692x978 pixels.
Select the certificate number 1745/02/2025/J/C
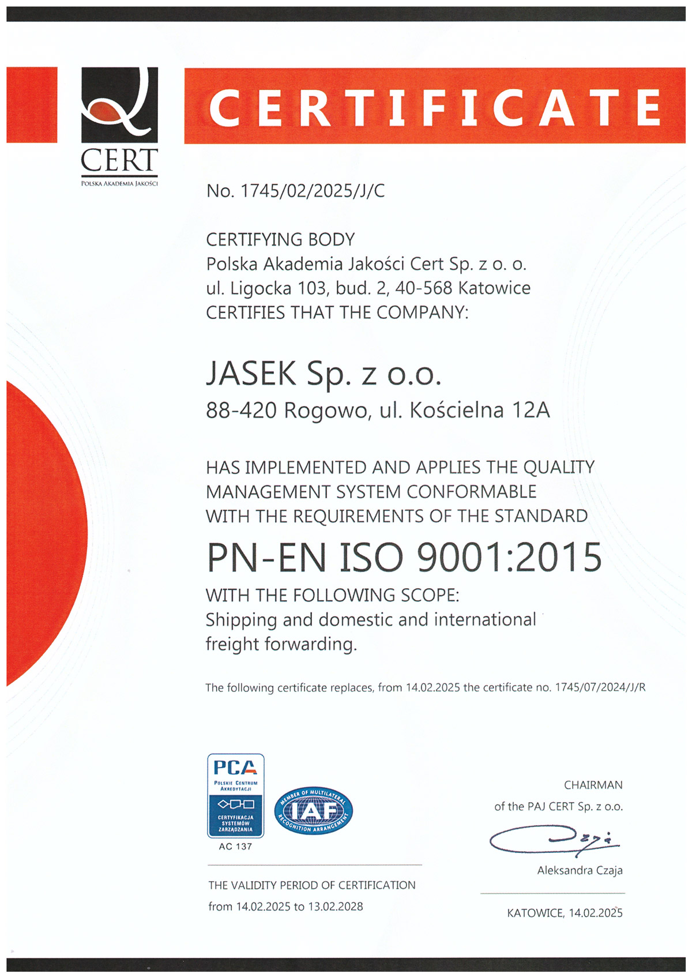[x=312, y=191]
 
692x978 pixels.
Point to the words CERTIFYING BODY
[x=280, y=239]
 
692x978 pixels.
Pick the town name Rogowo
[x=326, y=411]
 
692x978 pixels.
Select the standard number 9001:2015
[x=509, y=558]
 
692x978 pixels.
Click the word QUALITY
[x=558, y=467]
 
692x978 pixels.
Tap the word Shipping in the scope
[x=241, y=620]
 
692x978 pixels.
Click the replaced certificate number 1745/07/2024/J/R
[x=600, y=687]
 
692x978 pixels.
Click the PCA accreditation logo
[x=235, y=796]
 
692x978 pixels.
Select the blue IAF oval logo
[x=313, y=811]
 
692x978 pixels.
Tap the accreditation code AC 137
[x=235, y=847]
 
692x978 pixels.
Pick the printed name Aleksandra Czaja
[x=580, y=870]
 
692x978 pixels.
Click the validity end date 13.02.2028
[x=336, y=906]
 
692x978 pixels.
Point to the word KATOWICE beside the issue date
[x=535, y=913]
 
